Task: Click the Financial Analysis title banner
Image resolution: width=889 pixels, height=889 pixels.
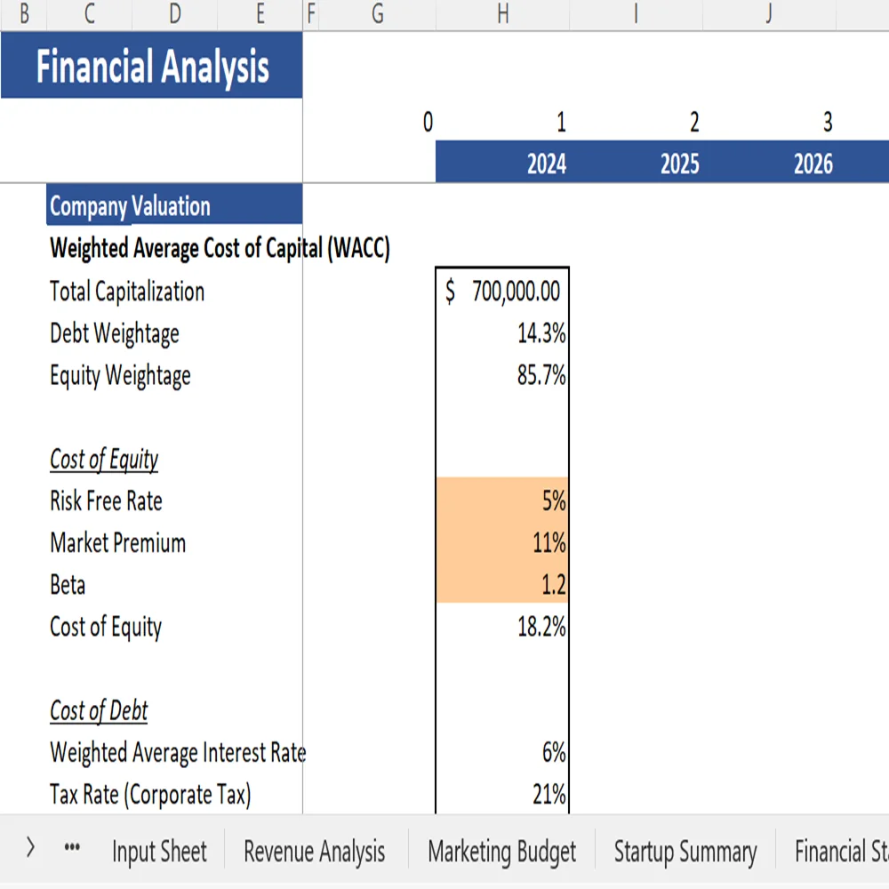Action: pos(151,67)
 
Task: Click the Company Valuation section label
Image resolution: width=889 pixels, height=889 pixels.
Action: pos(131,206)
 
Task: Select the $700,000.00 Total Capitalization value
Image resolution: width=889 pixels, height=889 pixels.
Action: pos(503,292)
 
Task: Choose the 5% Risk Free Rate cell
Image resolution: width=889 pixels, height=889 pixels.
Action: pos(503,501)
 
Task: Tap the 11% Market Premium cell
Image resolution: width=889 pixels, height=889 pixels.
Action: pos(503,542)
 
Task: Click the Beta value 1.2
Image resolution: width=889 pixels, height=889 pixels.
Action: pos(503,584)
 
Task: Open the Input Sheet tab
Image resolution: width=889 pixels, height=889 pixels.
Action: pos(159,852)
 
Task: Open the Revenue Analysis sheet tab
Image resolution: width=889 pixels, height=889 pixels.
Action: pos(315,852)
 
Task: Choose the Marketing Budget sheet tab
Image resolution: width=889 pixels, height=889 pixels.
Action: pos(501,852)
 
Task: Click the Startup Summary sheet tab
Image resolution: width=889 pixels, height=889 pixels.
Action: pos(685,852)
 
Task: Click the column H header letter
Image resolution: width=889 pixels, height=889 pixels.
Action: pos(502,13)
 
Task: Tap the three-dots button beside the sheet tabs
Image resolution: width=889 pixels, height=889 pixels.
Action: pos(74,849)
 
